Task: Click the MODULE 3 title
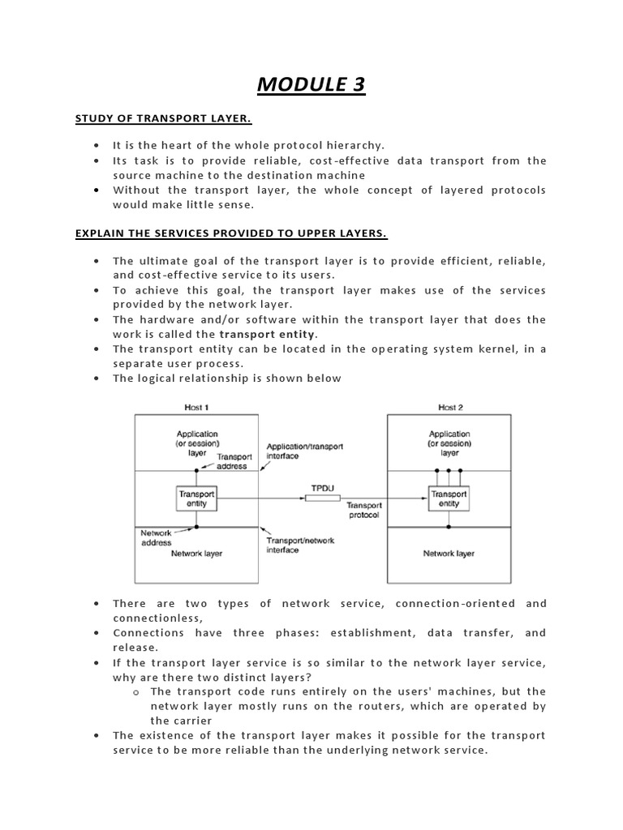pos(311,84)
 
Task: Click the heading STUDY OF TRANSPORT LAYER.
pos(163,119)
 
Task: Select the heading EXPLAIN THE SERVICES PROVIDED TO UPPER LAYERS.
pos(231,234)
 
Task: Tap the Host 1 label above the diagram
pos(195,407)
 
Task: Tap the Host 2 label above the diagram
pos(451,407)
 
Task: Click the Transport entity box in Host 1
pos(196,498)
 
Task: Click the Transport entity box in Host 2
pos(449,498)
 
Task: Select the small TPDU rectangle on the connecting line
pos(322,498)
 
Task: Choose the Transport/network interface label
pos(300,545)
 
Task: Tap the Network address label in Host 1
pos(157,537)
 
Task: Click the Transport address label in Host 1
pos(232,461)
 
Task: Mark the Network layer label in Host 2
pos(449,554)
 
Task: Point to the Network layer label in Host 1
pos(196,554)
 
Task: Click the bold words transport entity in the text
pos(268,334)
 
